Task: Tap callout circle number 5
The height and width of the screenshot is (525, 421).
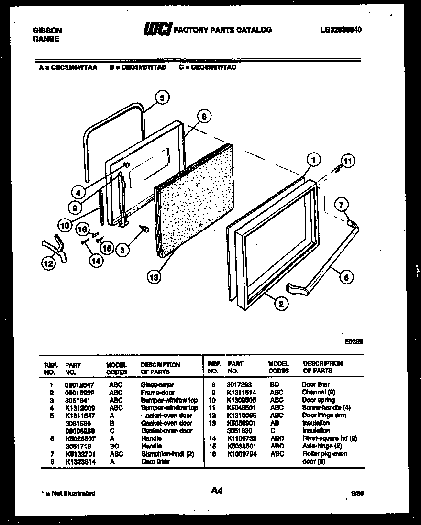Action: (162, 98)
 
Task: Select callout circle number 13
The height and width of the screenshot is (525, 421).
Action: (154, 276)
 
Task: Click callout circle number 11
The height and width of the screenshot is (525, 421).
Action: (348, 162)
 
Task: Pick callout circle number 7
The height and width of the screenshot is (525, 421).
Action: (341, 206)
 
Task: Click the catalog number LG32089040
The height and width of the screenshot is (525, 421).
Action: (341, 30)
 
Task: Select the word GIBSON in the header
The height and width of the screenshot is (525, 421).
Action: (47, 30)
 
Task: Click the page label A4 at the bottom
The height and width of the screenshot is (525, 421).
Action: (217, 490)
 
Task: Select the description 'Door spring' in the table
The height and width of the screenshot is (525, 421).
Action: (318, 400)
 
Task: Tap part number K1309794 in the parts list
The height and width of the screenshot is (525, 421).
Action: (242, 454)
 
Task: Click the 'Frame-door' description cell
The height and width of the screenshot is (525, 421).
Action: (157, 393)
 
